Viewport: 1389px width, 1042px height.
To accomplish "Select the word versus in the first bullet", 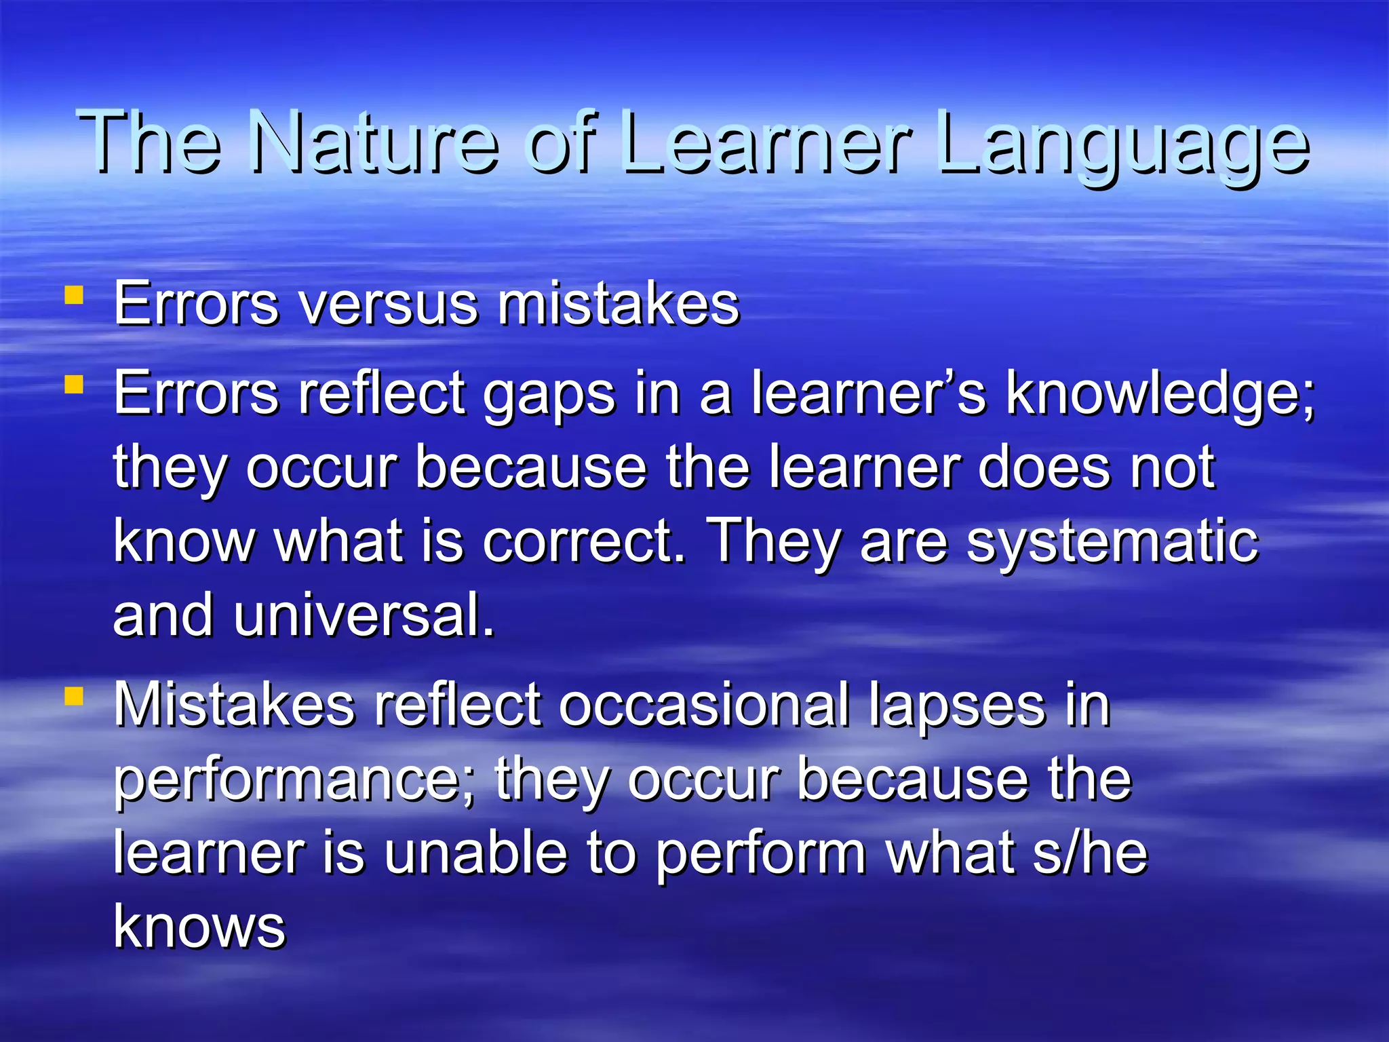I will [x=389, y=305].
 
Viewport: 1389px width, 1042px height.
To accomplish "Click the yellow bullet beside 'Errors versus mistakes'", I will [x=74, y=295].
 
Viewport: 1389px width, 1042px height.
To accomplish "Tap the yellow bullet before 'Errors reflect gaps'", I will [x=74, y=385].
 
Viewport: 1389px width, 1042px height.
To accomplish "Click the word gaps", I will [x=549, y=397].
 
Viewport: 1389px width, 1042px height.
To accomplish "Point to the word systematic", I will [x=1112, y=543].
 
